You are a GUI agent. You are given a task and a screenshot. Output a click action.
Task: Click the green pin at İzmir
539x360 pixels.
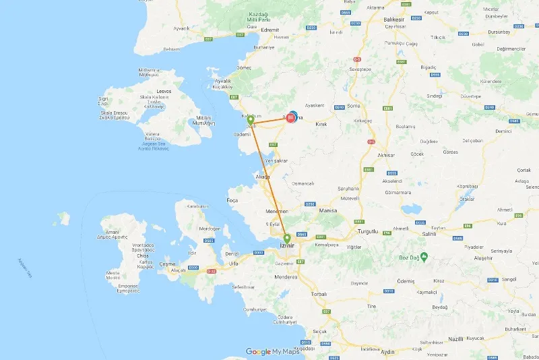point(287,239)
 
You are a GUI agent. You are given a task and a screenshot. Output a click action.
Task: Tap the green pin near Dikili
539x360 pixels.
point(251,120)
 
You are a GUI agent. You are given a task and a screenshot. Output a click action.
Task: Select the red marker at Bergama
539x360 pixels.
point(291,118)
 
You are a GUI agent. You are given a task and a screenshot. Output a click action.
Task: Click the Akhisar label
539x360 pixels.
point(386,155)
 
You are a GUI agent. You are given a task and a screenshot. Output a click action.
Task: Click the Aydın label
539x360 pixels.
point(387,352)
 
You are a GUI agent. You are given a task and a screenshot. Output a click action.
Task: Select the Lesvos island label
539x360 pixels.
point(164,91)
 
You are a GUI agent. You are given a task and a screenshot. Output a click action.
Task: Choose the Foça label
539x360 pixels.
point(232,200)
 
